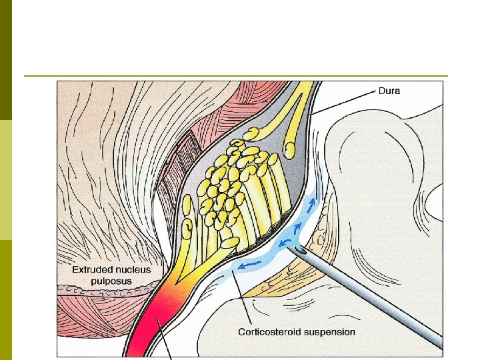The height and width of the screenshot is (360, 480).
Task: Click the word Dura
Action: [x=389, y=91]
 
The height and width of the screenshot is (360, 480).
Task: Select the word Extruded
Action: [x=93, y=270]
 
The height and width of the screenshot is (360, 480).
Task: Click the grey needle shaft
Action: [x=373, y=300]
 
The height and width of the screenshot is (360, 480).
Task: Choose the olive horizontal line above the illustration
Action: [x=233, y=76]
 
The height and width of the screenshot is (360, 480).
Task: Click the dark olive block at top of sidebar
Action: [x=6, y=60]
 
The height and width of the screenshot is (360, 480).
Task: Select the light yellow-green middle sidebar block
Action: [x=6, y=180]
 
